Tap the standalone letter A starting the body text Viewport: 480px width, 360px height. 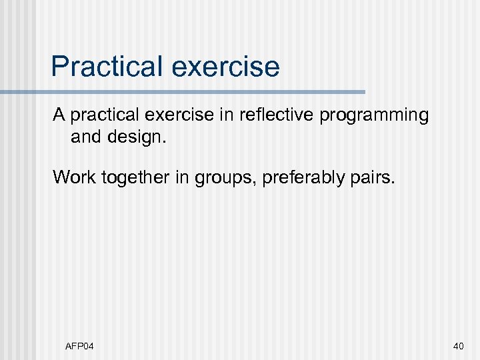tap(59, 115)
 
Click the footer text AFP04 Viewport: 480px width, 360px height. tap(79, 345)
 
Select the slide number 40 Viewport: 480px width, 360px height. tap(458, 345)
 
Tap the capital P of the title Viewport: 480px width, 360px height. tap(60, 67)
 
